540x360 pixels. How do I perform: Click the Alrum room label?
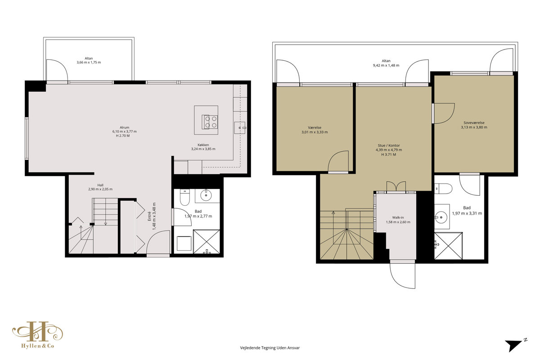pyautogui.click(x=124, y=127)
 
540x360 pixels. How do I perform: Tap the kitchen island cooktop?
pyautogui.click(x=210, y=122)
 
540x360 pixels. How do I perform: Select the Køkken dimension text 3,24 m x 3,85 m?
pyautogui.click(x=203, y=149)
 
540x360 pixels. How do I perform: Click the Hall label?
pyautogui.click(x=100, y=185)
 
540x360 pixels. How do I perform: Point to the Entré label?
pyautogui.click(x=149, y=216)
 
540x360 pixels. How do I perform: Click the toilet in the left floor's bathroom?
pyautogui.click(x=184, y=197)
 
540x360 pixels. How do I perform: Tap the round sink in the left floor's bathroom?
pyautogui.click(x=206, y=195)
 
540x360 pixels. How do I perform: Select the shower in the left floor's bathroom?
pyautogui.click(x=207, y=242)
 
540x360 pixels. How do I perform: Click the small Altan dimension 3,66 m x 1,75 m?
pyautogui.click(x=89, y=63)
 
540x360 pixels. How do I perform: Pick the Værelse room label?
pyautogui.click(x=315, y=127)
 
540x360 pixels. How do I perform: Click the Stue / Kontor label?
pyautogui.click(x=389, y=145)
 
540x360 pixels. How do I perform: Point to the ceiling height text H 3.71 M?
pyautogui.click(x=389, y=154)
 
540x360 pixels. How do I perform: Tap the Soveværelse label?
pyautogui.click(x=474, y=123)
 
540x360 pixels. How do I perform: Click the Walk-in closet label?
pyautogui.click(x=398, y=217)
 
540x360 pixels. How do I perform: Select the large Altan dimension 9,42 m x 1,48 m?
pyautogui.click(x=386, y=65)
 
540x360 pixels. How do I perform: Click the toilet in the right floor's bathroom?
pyautogui.click(x=443, y=189)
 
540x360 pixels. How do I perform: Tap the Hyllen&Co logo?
pyautogui.click(x=38, y=335)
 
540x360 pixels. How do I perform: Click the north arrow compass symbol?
pyautogui.click(x=516, y=345)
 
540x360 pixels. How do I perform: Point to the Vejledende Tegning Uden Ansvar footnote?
pyautogui.click(x=270, y=348)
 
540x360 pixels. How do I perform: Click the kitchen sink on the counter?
pyautogui.click(x=239, y=128)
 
